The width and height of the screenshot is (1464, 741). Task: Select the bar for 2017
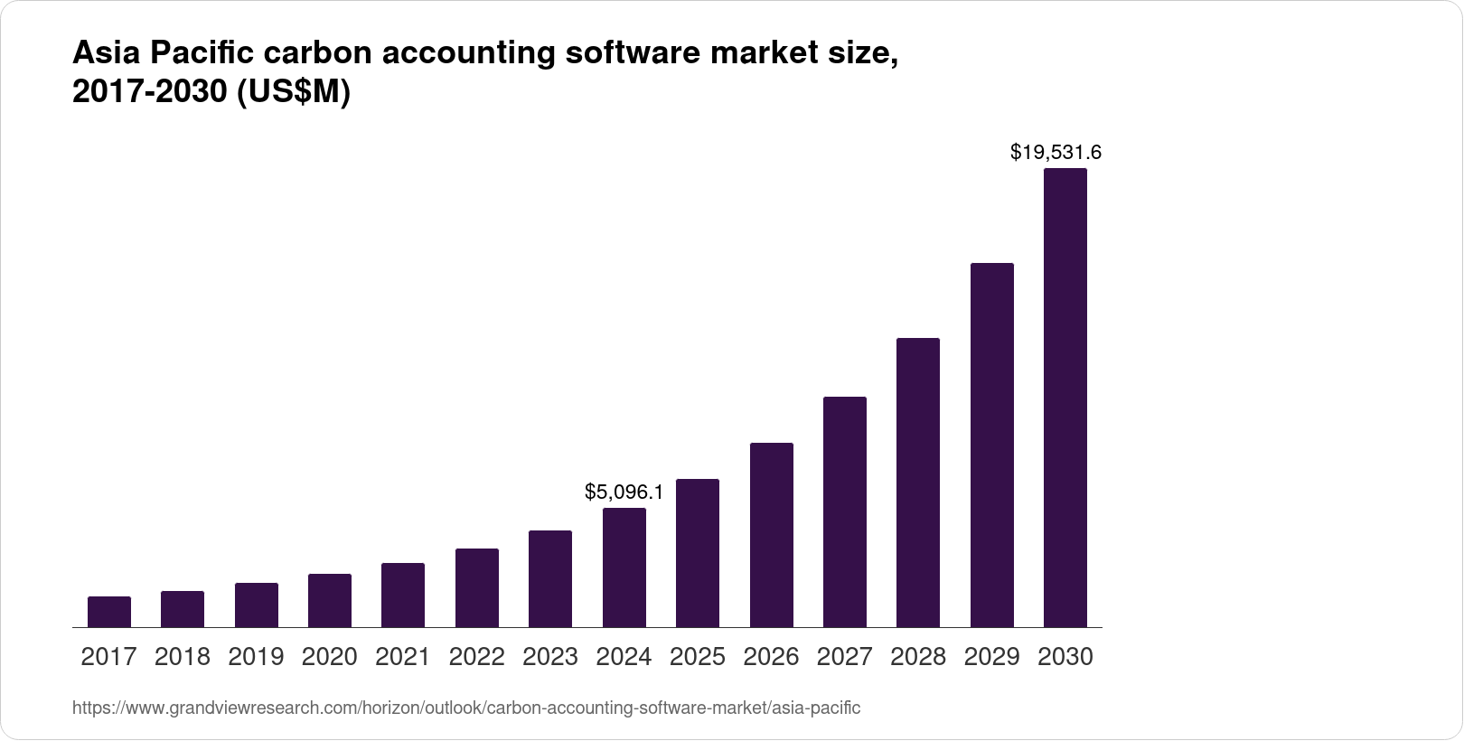click(x=109, y=612)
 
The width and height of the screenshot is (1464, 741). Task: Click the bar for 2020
click(x=330, y=601)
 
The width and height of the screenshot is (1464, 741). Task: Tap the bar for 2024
click(x=624, y=567)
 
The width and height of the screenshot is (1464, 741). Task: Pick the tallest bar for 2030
click(x=1065, y=398)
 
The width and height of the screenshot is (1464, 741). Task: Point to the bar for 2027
click(x=845, y=511)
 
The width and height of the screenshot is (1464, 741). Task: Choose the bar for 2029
click(x=992, y=445)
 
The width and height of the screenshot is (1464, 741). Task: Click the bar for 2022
click(x=477, y=587)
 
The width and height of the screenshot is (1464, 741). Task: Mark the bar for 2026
click(x=772, y=535)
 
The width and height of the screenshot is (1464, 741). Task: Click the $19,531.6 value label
click(x=1056, y=152)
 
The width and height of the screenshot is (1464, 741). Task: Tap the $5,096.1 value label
click(x=624, y=492)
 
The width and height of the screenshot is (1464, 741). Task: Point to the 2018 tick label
click(x=183, y=657)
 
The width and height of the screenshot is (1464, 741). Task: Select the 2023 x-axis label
click(x=550, y=657)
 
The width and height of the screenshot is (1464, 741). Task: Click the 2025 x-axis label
click(x=698, y=657)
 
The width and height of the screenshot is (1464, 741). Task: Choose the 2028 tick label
click(x=918, y=657)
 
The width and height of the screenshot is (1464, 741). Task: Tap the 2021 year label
click(x=403, y=657)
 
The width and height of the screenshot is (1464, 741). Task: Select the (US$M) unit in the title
click(x=293, y=92)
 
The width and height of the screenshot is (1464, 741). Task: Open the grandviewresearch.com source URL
click(x=466, y=708)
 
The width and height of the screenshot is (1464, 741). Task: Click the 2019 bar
click(x=257, y=605)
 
